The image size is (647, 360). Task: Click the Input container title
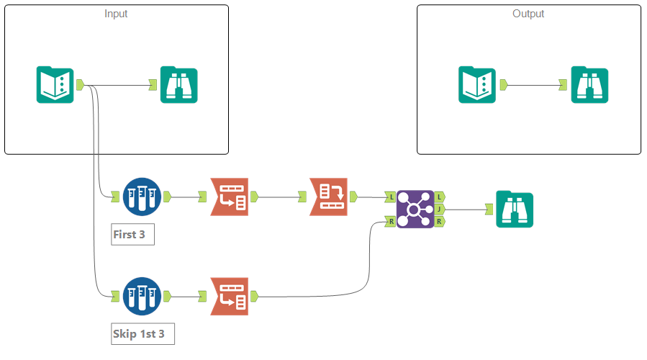[x=117, y=14]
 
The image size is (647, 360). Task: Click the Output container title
[x=528, y=14]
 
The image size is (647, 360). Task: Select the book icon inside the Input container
[x=55, y=85]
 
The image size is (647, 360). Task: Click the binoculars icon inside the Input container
[x=178, y=85]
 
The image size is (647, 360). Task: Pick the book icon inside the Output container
[x=477, y=85]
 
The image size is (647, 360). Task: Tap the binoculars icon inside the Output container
[x=589, y=85]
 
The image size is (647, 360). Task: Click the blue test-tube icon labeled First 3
[x=142, y=196]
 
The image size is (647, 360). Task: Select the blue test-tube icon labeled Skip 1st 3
[x=142, y=296]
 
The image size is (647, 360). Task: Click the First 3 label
[x=133, y=235]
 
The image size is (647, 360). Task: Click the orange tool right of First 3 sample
[x=229, y=196]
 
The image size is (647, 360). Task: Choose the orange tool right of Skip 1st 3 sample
[x=229, y=296]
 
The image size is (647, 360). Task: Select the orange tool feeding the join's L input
[x=329, y=196]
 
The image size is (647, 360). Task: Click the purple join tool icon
[x=415, y=209]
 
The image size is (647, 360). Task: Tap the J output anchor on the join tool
[x=440, y=209]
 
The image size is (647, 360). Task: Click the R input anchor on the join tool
[x=390, y=222]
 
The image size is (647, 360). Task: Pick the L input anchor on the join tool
[x=390, y=196]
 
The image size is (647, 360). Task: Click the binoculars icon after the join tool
[x=515, y=209]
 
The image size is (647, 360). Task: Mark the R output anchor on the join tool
[x=440, y=222]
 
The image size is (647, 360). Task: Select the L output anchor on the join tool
[x=440, y=196]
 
